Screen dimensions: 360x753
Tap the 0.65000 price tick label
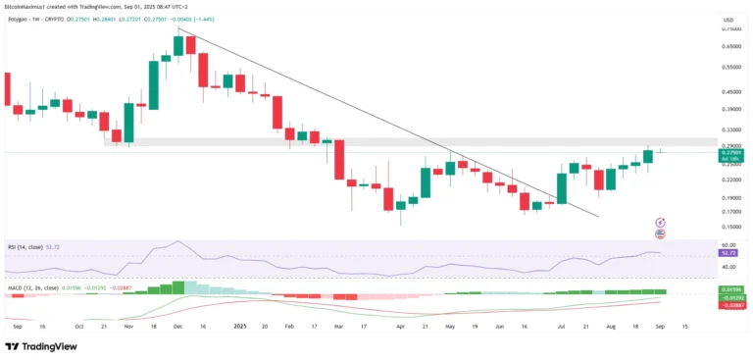click(x=731, y=45)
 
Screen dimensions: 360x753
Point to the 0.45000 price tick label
click(x=731, y=95)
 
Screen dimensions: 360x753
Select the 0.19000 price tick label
click(x=731, y=196)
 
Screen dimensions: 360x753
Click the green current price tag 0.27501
click(x=731, y=153)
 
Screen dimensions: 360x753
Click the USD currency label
click(x=728, y=19)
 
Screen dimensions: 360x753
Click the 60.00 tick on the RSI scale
click(x=728, y=245)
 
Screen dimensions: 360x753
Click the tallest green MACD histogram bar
click(x=177, y=287)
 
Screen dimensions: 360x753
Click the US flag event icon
click(x=660, y=234)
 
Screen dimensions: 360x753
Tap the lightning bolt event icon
click(x=660, y=224)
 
